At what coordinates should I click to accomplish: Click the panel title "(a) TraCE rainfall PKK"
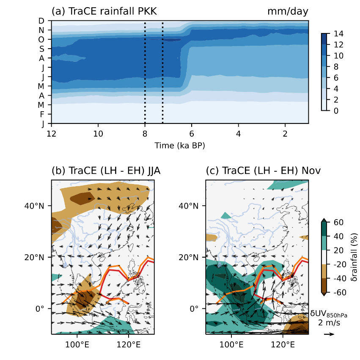(104, 12)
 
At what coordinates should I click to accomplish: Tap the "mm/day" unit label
(288, 12)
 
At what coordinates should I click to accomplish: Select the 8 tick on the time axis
(145, 134)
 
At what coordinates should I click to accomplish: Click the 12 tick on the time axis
(52, 134)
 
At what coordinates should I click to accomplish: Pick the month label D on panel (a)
(41, 21)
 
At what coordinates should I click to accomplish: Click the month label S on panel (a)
(41, 49)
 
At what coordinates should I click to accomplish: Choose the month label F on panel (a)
(41, 114)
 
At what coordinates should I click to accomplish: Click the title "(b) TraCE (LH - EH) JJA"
(106, 171)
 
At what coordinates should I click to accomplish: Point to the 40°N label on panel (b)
(36, 206)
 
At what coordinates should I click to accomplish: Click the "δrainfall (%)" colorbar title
(351, 257)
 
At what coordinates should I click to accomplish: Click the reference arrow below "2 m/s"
(329, 334)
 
